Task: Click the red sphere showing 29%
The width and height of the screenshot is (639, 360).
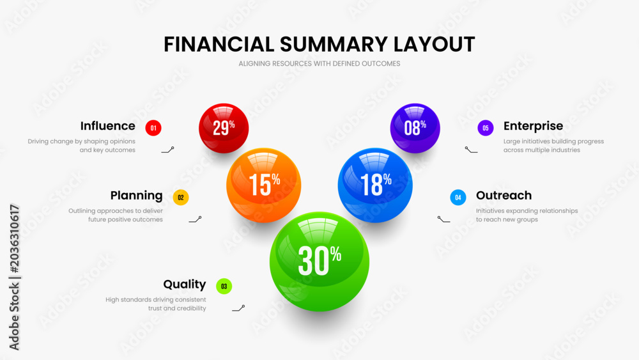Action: (224, 128)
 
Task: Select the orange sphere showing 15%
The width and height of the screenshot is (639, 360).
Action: (264, 185)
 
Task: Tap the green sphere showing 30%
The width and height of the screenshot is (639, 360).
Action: (319, 262)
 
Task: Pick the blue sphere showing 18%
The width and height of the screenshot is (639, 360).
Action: (375, 185)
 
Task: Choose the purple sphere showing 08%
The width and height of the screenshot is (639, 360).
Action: (415, 128)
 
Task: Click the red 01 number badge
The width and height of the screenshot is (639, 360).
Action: (153, 128)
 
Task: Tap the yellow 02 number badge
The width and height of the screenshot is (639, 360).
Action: (181, 198)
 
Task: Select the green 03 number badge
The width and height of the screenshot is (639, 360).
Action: (224, 286)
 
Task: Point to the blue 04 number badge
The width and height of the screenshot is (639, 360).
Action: (458, 198)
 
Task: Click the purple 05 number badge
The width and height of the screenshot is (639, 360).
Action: (486, 128)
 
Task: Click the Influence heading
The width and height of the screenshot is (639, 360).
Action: (107, 126)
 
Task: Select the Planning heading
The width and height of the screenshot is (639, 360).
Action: (137, 196)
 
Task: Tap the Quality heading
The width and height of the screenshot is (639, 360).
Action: (185, 285)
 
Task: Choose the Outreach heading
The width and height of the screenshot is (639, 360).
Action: (504, 195)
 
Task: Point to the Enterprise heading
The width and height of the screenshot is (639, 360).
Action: (533, 127)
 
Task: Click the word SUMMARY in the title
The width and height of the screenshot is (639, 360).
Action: (334, 44)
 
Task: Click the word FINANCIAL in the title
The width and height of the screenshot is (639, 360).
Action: (219, 44)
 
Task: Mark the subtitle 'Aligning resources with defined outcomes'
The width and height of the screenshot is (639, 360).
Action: (319, 63)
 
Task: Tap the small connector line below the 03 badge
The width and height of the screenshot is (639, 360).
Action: (238, 308)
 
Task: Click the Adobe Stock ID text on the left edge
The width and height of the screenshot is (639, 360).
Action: (14, 278)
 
